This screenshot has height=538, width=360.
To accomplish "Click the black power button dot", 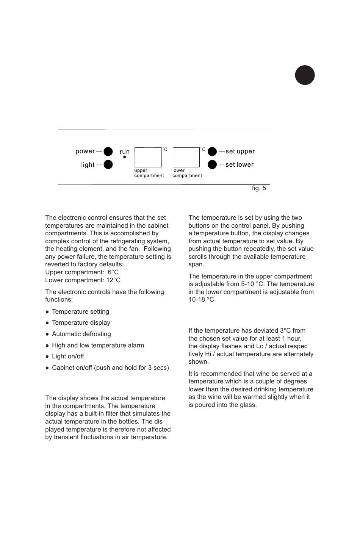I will point(108,152).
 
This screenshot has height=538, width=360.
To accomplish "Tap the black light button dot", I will point(108,165).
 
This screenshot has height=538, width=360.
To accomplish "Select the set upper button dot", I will point(212,152).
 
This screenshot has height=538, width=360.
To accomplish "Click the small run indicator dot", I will point(124,157).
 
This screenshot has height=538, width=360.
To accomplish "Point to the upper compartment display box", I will point(148,157).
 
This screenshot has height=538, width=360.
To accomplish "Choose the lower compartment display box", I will point(186,157).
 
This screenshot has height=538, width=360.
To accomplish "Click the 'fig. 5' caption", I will point(259,188).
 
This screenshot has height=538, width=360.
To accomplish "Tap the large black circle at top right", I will point(305,75).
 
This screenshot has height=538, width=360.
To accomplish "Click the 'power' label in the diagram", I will point(85,152).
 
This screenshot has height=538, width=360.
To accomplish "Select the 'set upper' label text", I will point(240,152).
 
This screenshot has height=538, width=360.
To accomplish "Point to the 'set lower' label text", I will point(239,165).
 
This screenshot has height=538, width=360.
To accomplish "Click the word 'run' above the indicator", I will point(124,152).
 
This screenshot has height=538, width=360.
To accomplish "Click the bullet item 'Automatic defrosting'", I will point(81,334).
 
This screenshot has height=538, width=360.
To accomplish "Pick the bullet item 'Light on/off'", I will point(68,357).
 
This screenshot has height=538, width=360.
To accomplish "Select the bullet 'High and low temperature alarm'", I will point(98,346).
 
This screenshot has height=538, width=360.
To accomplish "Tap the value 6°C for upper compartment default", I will point(113,272).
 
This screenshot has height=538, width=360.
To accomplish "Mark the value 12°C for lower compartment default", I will point(113,280).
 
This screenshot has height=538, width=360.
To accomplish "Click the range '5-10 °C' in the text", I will point(253,284).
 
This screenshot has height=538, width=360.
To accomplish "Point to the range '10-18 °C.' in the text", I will point(202,300).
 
